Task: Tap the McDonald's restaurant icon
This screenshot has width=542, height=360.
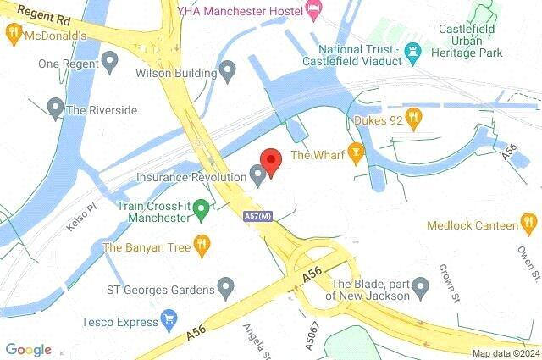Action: coord(13,35)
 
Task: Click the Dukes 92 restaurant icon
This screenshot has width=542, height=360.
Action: coord(414,119)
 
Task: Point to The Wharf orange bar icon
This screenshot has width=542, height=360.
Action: coord(357,154)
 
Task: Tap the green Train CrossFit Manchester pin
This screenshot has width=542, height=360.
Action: coord(202,208)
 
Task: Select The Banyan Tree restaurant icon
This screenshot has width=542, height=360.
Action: coord(202,246)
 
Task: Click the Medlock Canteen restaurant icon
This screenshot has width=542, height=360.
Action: coord(529,224)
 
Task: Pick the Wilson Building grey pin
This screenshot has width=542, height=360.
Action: coord(227,72)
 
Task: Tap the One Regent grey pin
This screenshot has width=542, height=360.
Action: coord(109,62)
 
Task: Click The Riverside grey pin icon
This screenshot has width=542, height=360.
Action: coord(56,108)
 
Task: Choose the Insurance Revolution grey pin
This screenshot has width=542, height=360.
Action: coord(258,175)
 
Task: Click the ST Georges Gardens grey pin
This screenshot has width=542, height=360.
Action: coord(225,289)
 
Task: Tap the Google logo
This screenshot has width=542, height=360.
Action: coord(28,350)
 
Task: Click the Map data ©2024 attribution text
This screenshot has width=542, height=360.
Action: coord(506,353)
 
